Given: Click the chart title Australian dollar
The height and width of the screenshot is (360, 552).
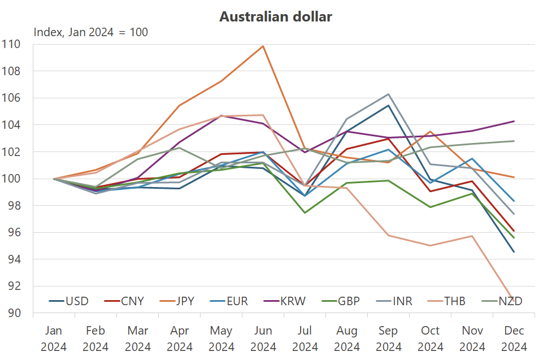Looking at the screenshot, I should coord(276,17).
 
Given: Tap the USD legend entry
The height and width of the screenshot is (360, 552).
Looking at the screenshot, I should coord(68,301).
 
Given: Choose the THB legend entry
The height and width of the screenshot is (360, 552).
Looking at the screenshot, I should coord(444,301).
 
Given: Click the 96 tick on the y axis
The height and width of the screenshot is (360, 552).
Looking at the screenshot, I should coord(13,232).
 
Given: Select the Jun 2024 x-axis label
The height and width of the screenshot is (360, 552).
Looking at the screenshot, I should coord(263,338).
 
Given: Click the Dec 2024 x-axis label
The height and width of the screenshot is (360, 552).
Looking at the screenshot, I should coord(514,338).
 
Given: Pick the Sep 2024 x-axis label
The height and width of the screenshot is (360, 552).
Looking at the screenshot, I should coord(388,338).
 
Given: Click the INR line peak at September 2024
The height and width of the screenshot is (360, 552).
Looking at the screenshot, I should coord(388,94).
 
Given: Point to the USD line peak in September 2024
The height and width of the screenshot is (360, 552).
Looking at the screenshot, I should coord(388,106).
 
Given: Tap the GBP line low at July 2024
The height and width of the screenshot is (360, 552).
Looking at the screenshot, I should coord(305,212).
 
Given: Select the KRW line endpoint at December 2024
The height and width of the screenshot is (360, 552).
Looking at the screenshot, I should coord(514,122).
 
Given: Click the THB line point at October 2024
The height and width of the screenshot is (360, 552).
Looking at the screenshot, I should coord(430,245).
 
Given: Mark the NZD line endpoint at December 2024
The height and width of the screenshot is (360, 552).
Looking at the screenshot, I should coord(514,141).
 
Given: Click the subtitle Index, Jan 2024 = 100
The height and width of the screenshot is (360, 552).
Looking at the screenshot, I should coord(91,32).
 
